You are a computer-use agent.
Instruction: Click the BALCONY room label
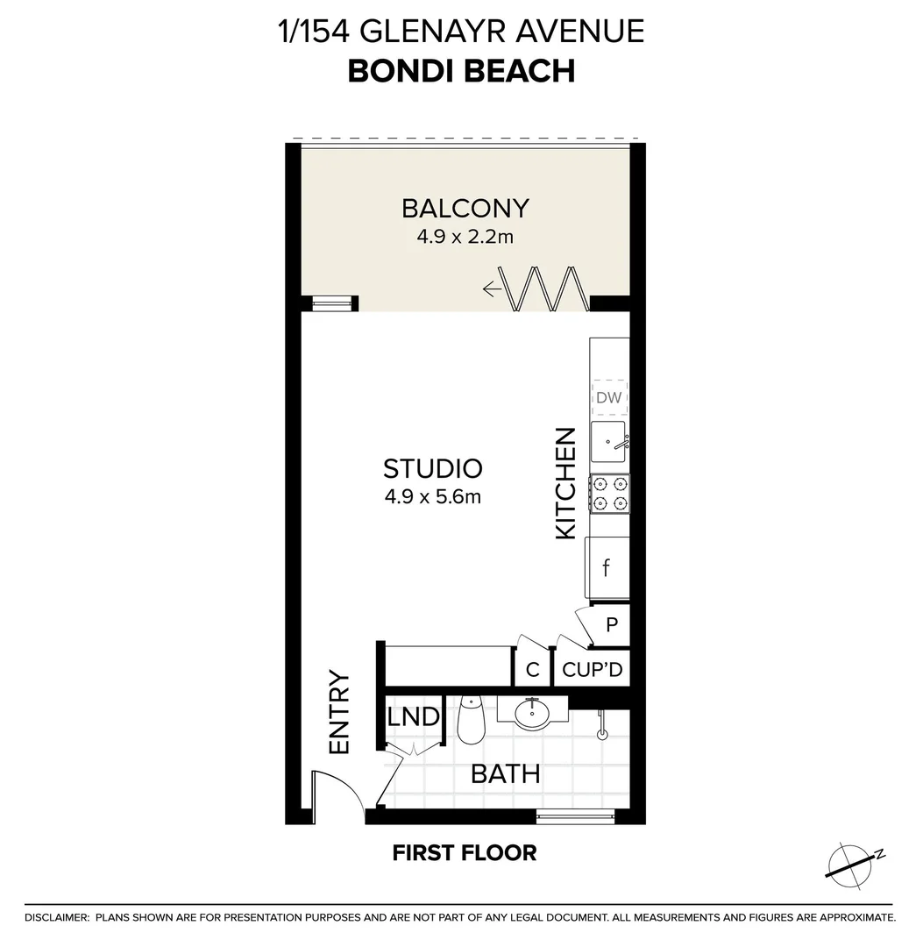pos(465,209)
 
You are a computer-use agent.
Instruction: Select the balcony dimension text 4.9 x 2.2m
pos(465,236)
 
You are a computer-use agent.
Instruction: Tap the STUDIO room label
pos(433,468)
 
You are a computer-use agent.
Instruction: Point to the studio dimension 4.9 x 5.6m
pos(433,497)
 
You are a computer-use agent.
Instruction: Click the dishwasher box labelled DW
pos(608,397)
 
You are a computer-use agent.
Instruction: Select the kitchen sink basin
pos(608,441)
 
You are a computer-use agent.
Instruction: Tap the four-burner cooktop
pos(609,493)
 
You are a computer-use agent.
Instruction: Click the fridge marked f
pos(607,567)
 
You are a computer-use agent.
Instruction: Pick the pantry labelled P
pos(612,625)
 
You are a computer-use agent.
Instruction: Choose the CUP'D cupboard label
pos(593,670)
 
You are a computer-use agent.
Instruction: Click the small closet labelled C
pos(532,671)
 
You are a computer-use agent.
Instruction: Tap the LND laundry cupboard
pos(413,717)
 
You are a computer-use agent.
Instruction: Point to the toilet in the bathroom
pos(471,721)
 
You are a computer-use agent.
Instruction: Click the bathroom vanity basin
pos(532,714)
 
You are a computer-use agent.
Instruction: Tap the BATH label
pos(505,774)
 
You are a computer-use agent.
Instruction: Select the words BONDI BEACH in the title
pos(461,71)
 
